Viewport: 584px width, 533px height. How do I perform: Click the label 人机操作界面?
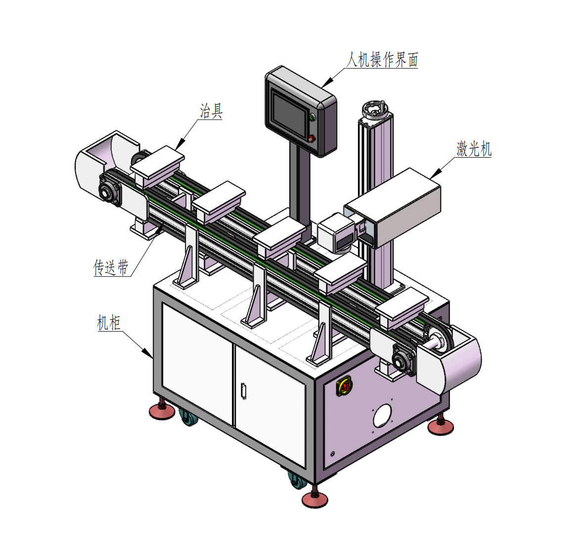[382, 60]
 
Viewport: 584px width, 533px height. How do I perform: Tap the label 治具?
[211, 111]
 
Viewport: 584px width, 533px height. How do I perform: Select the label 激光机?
[474, 149]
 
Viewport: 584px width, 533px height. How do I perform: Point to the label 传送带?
[111, 267]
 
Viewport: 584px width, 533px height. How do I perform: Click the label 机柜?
[109, 322]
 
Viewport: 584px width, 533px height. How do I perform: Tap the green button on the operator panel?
[312, 117]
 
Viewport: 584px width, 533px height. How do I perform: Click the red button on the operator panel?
[311, 139]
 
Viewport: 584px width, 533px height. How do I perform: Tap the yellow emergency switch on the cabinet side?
[345, 386]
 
